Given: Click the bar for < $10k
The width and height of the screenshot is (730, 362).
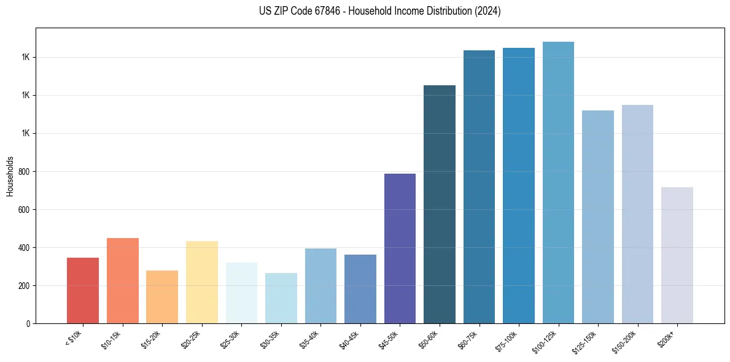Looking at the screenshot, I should click(x=83, y=290).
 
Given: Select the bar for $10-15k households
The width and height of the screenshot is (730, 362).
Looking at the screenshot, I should click(x=122, y=280).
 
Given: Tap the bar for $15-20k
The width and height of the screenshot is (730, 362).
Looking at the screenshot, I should click(x=162, y=297).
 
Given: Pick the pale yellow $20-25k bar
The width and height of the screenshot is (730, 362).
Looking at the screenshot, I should click(x=201, y=282).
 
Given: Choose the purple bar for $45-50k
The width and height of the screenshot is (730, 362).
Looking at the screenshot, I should click(x=400, y=248).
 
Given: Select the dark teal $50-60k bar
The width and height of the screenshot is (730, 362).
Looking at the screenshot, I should click(x=440, y=204).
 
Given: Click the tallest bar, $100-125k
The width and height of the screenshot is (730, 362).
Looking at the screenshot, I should click(x=558, y=183).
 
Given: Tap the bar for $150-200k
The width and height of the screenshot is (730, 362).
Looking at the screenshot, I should click(x=637, y=214).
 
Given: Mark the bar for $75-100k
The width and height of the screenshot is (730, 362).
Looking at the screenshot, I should click(x=519, y=186).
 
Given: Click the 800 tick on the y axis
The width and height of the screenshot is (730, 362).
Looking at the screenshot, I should click(x=26, y=172).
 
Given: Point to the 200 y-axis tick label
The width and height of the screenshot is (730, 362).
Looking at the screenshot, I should click(x=26, y=286).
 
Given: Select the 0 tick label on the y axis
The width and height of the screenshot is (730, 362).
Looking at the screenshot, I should click(x=29, y=324).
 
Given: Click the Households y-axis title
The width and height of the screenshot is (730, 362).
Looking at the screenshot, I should click(x=10, y=175).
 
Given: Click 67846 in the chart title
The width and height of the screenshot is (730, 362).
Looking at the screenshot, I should click(x=335, y=11).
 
